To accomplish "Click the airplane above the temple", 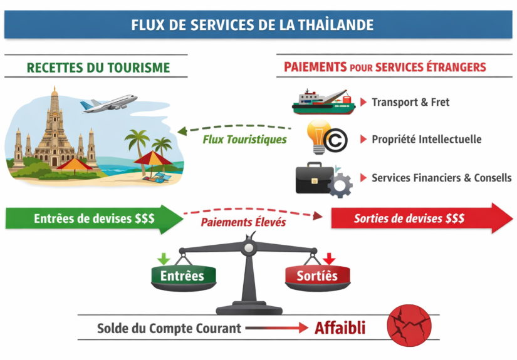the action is (109, 103).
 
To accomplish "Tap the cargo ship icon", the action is (324, 102).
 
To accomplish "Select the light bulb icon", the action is (318, 136).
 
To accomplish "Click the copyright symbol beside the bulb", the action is (335, 141).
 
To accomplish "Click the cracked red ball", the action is (409, 325).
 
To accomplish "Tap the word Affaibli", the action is (340, 328).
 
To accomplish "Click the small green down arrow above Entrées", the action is (164, 259).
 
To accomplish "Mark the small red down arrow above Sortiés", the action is (329, 259).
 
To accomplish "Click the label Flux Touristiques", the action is (244, 140).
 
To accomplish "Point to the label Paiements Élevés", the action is (243, 222).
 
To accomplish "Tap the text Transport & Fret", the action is (410, 102).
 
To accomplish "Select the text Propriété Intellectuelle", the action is (427, 140).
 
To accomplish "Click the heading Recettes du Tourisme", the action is (98, 68).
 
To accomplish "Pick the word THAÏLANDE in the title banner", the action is (336, 25).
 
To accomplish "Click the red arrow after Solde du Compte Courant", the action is (277, 328).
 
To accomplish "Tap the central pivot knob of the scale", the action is (249, 247).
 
